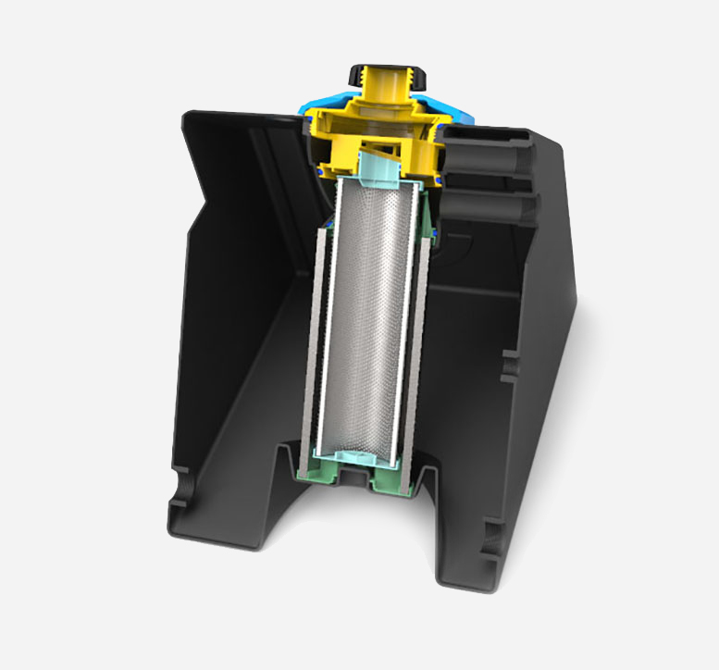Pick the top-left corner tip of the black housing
pyautogui.click(x=190, y=116)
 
